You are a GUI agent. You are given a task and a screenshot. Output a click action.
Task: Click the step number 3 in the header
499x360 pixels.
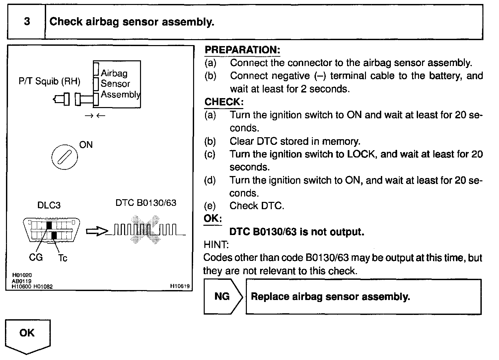(x=27, y=21)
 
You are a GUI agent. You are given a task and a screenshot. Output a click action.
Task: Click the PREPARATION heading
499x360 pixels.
(x=243, y=50)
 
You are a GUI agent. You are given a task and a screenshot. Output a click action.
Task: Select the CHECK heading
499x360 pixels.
(x=224, y=102)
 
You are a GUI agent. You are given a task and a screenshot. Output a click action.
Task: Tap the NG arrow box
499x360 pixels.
(x=223, y=297)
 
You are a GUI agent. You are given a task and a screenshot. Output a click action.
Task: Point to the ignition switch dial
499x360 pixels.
(x=65, y=157)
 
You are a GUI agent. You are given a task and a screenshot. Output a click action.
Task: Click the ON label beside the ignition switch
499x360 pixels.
(x=86, y=145)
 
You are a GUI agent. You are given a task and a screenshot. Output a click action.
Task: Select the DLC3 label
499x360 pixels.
(x=49, y=205)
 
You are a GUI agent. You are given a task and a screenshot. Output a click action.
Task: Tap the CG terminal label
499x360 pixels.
(x=36, y=258)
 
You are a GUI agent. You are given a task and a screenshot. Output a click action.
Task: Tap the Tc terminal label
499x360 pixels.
(x=63, y=258)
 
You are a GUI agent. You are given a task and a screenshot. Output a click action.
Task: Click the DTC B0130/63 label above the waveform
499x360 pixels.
(x=146, y=203)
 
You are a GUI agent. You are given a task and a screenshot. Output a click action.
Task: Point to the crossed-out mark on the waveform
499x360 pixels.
(x=145, y=230)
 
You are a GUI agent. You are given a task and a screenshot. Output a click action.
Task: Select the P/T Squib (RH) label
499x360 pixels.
(x=49, y=81)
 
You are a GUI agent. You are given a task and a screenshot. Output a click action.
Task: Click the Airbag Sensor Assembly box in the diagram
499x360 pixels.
(x=117, y=84)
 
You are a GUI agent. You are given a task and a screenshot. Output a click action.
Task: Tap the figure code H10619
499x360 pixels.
(x=180, y=286)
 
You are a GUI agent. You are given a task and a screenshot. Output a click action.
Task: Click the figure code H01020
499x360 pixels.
(x=22, y=275)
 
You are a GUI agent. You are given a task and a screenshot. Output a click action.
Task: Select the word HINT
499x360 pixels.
(x=216, y=245)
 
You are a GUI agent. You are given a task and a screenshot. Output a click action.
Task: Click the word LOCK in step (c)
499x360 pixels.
(x=361, y=154)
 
